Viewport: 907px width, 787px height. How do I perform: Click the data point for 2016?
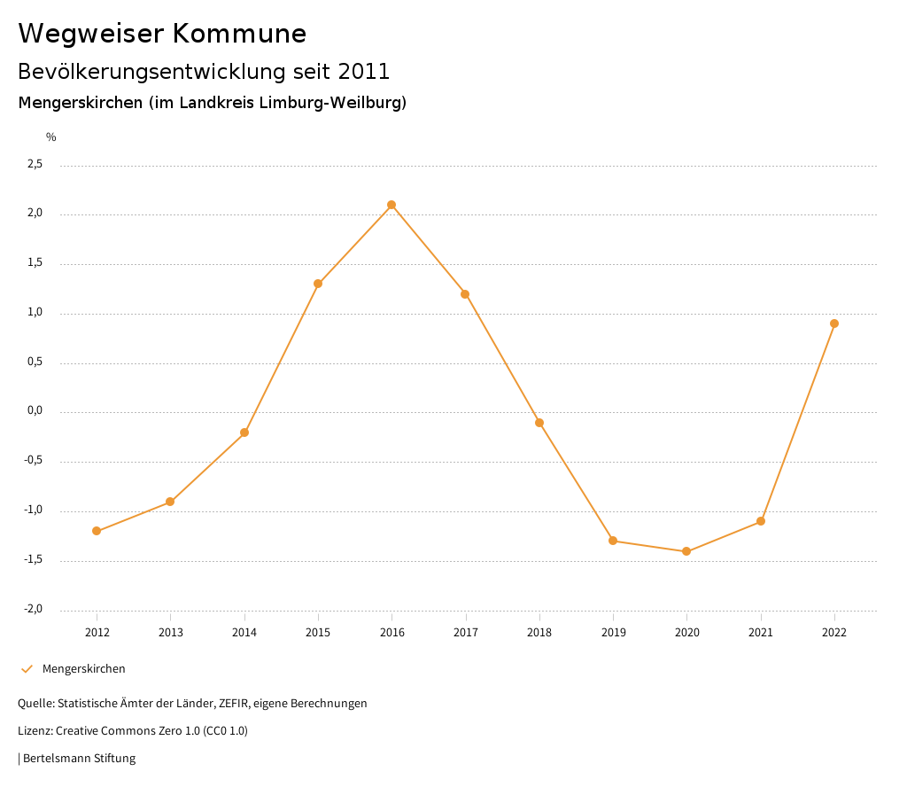click(391, 205)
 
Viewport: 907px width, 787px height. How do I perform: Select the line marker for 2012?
click(97, 531)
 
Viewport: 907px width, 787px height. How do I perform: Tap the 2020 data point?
click(686, 551)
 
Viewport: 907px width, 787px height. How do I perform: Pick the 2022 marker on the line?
click(834, 323)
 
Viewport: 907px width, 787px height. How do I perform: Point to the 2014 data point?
click(244, 432)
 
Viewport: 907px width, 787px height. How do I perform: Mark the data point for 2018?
click(539, 423)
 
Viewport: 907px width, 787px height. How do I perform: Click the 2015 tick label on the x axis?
click(318, 632)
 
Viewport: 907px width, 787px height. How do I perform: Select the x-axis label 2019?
click(613, 632)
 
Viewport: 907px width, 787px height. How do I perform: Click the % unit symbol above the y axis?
click(51, 136)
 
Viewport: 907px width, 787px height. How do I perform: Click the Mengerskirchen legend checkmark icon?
click(27, 668)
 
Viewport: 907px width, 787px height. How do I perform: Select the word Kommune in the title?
click(239, 34)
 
